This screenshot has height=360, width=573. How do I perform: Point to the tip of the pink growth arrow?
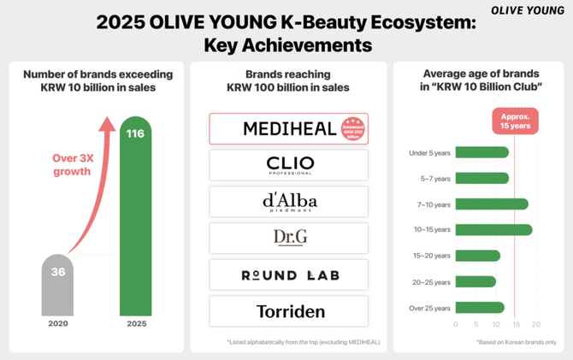[x=107, y=122]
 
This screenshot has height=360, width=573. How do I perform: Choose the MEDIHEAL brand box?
[x=288, y=128]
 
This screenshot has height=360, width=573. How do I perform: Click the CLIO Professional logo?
[x=288, y=164]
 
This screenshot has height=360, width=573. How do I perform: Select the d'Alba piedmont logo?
[x=288, y=202]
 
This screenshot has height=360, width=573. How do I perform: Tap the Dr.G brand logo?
[x=288, y=239]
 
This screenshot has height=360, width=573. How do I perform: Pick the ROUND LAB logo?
[x=288, y=274]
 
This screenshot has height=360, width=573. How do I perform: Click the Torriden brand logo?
[x=288, y=311]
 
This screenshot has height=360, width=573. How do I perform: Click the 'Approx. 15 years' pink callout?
[x=514, y=121]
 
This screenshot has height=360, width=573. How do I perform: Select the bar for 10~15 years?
[x=493, y=229]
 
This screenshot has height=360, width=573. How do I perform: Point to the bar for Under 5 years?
[x=482, y=152]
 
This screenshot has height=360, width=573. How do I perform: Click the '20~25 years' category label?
[x=430, y=281]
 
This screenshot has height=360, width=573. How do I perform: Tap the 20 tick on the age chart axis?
[x=536, y=324]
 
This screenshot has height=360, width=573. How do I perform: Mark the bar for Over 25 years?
[x=480, y=307]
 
